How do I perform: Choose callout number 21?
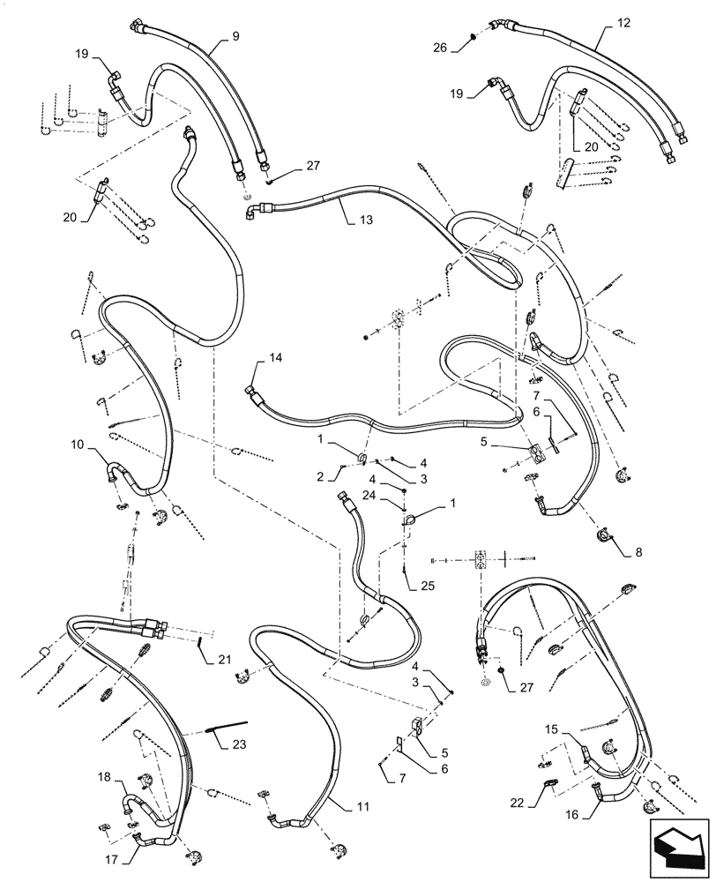pos(225,660)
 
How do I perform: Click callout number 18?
pos(105,778)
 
